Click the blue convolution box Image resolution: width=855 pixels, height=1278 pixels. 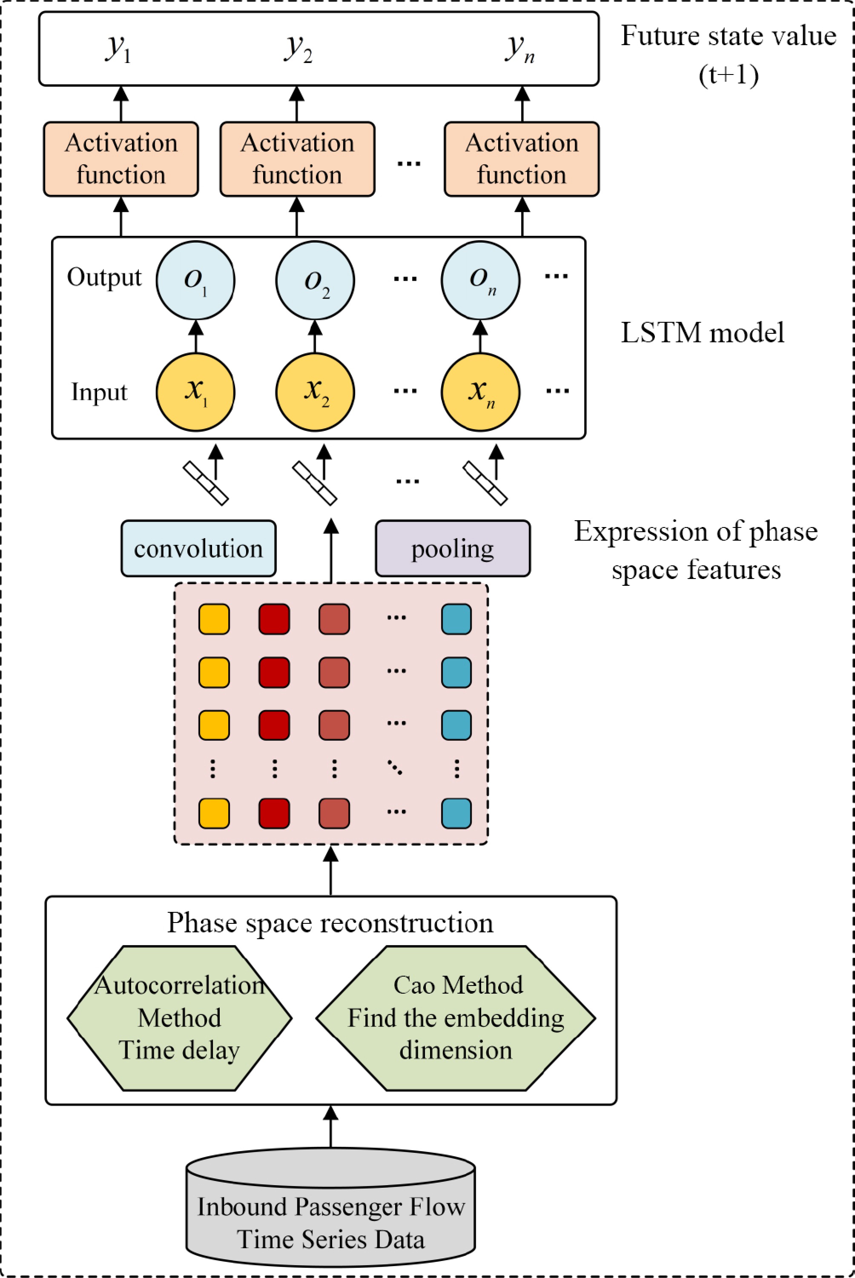198,548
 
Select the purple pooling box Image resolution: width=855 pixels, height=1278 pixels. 453,548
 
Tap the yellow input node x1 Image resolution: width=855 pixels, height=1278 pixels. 195,392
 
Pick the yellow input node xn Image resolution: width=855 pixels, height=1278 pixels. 480,392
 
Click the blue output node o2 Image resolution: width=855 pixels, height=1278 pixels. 315,280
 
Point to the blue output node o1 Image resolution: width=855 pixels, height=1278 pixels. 195,280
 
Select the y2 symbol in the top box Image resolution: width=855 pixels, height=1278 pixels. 298,49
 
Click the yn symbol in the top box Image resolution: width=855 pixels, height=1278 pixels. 519,49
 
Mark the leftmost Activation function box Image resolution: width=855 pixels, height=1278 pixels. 121,159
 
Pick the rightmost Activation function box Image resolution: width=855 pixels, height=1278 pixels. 522,159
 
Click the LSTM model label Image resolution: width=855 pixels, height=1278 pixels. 702,332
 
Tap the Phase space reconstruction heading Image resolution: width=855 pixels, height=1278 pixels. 330,923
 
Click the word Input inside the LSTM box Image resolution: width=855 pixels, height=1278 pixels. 99,392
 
